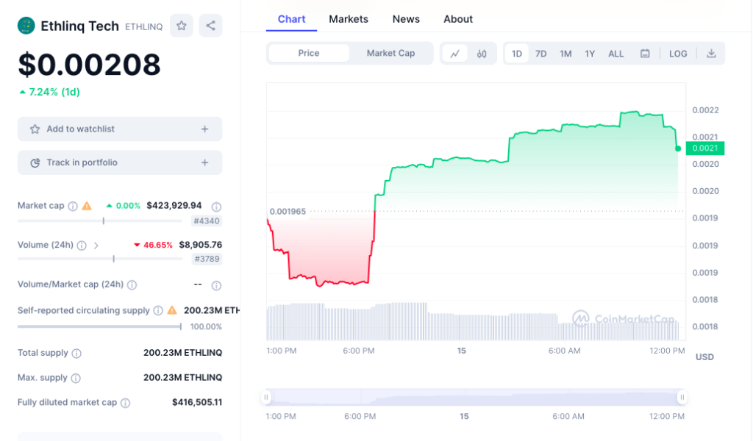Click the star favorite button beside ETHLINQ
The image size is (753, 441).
click(181, 26)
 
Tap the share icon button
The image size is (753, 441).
click(210, 26)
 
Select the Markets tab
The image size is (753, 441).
click(349, 19)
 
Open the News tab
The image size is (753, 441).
click(406, 19)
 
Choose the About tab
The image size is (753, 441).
click(458, 19)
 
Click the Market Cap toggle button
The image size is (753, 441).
click(390, 53)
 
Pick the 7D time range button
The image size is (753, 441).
click(540, 54)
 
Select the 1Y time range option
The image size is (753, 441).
click(590, 54)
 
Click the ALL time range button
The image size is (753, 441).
click(616, 54)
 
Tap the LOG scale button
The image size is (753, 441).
click(678, 54)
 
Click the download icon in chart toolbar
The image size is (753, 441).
click(711, 54)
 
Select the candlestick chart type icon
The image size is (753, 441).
click(482, 54)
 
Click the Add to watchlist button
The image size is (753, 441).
click(120, 129)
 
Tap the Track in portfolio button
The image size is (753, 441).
click(120, 162)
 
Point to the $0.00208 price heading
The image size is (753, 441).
click(89, 65)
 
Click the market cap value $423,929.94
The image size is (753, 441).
click(174, 206)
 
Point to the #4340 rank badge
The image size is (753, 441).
click(207, 221)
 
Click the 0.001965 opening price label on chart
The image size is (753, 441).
click(288, 212)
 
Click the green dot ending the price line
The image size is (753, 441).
click(677, 148)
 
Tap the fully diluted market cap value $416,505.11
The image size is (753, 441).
click(196, 403)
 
